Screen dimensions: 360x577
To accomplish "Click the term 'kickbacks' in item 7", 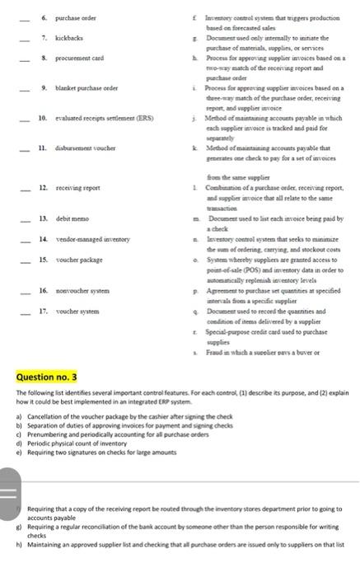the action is (68, 40).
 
